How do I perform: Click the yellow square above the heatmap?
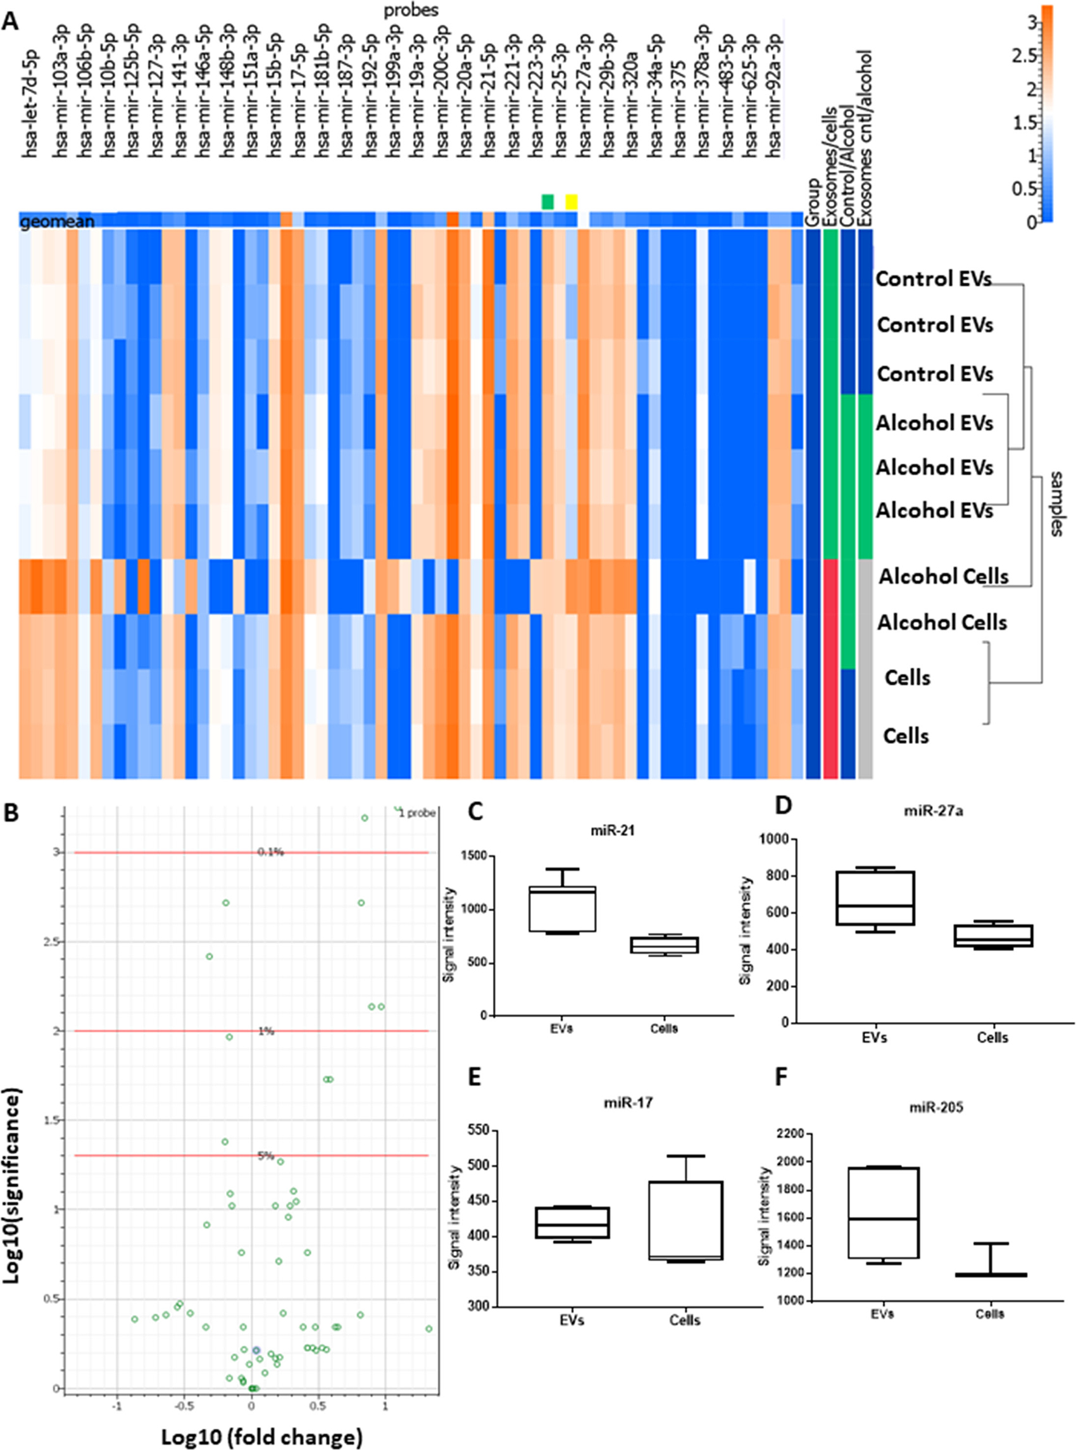click(x=571, y=202)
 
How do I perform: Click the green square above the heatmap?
click(x=547, y=202)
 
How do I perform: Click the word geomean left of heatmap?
click(x=58, y=222)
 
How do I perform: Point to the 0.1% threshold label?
click(x=270, y=852)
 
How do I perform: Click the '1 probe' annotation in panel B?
click(x=417, y=813)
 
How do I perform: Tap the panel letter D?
click(x=783, y=806)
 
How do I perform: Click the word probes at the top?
click(x=410, y=9)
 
